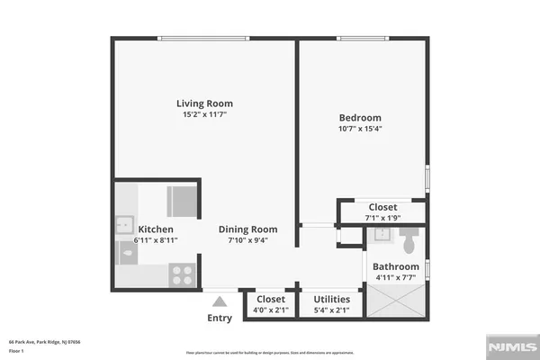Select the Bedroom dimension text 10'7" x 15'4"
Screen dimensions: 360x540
(x=360, y=130)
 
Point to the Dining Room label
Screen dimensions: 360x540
(x=248, y=229)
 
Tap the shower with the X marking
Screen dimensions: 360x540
(x=396, y=305)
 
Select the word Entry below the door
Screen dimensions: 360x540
(x=220, y=318)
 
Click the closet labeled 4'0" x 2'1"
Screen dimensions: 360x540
(x=271, y=305)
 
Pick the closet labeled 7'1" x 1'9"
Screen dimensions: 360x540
(x=382, y=212)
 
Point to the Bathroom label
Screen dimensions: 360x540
(x=396, y=266)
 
